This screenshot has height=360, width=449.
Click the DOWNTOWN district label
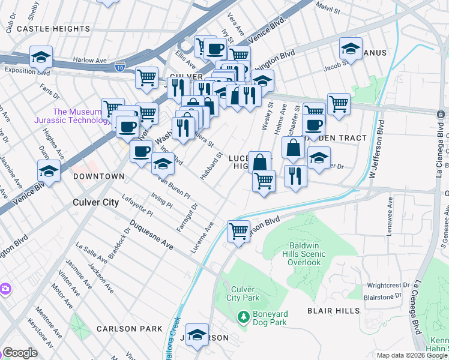click(x=98, y=176)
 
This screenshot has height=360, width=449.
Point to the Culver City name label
click(x=95, y=202)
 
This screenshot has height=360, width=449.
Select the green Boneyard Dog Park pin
click(x=243, y=316)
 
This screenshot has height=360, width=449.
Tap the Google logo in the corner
click(x=19, y=353)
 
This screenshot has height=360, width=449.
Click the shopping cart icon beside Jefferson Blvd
click(x=238, y=230)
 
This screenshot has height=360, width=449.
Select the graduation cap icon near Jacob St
click(x=351, y=48)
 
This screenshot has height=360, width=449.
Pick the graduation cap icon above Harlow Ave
click(x=41, y=56)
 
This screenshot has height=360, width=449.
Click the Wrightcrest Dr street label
click(x=388, y=285)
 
